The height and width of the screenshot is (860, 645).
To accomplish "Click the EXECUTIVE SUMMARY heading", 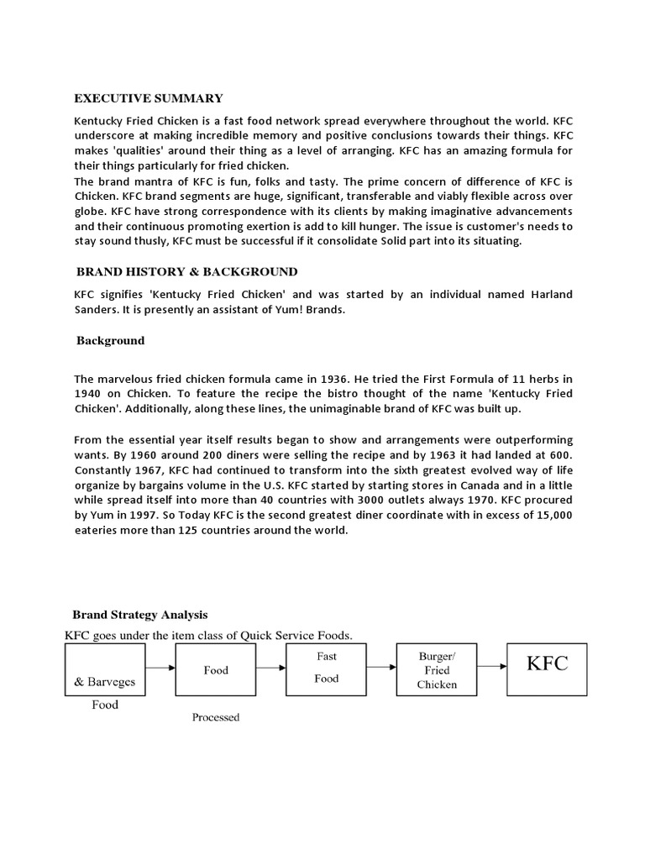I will pos(149,98).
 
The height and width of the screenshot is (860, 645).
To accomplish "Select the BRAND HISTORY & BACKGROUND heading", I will pos(186,271).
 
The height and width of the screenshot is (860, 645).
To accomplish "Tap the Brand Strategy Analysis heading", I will pos(139,615).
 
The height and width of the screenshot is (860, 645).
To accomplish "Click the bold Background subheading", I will pos(110,340).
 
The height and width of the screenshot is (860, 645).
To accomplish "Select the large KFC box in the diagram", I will pos(547,669).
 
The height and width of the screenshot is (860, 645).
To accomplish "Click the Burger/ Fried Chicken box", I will pos(438,669).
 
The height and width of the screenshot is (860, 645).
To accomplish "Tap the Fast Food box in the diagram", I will pos(326,669).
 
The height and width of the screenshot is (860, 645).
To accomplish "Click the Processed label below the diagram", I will pos(216,717).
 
